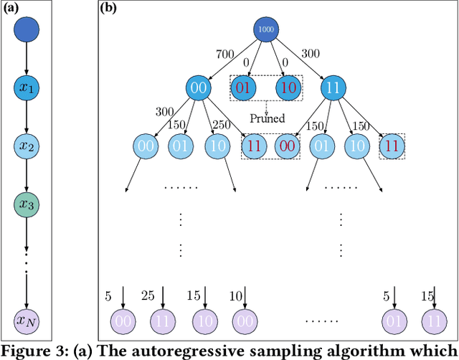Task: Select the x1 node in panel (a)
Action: [x=27, y=89]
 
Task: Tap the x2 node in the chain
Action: [x=27, y=147]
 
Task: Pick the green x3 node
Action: [x=27, y=205]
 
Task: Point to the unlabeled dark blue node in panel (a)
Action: [x=27, y=30]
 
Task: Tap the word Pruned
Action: [x=266, y=118]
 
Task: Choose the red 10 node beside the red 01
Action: [x=288, y=88]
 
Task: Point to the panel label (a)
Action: [x=12, y=9]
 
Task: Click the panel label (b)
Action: [x=108, y=9]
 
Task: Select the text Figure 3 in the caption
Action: [x=31, y=351]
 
